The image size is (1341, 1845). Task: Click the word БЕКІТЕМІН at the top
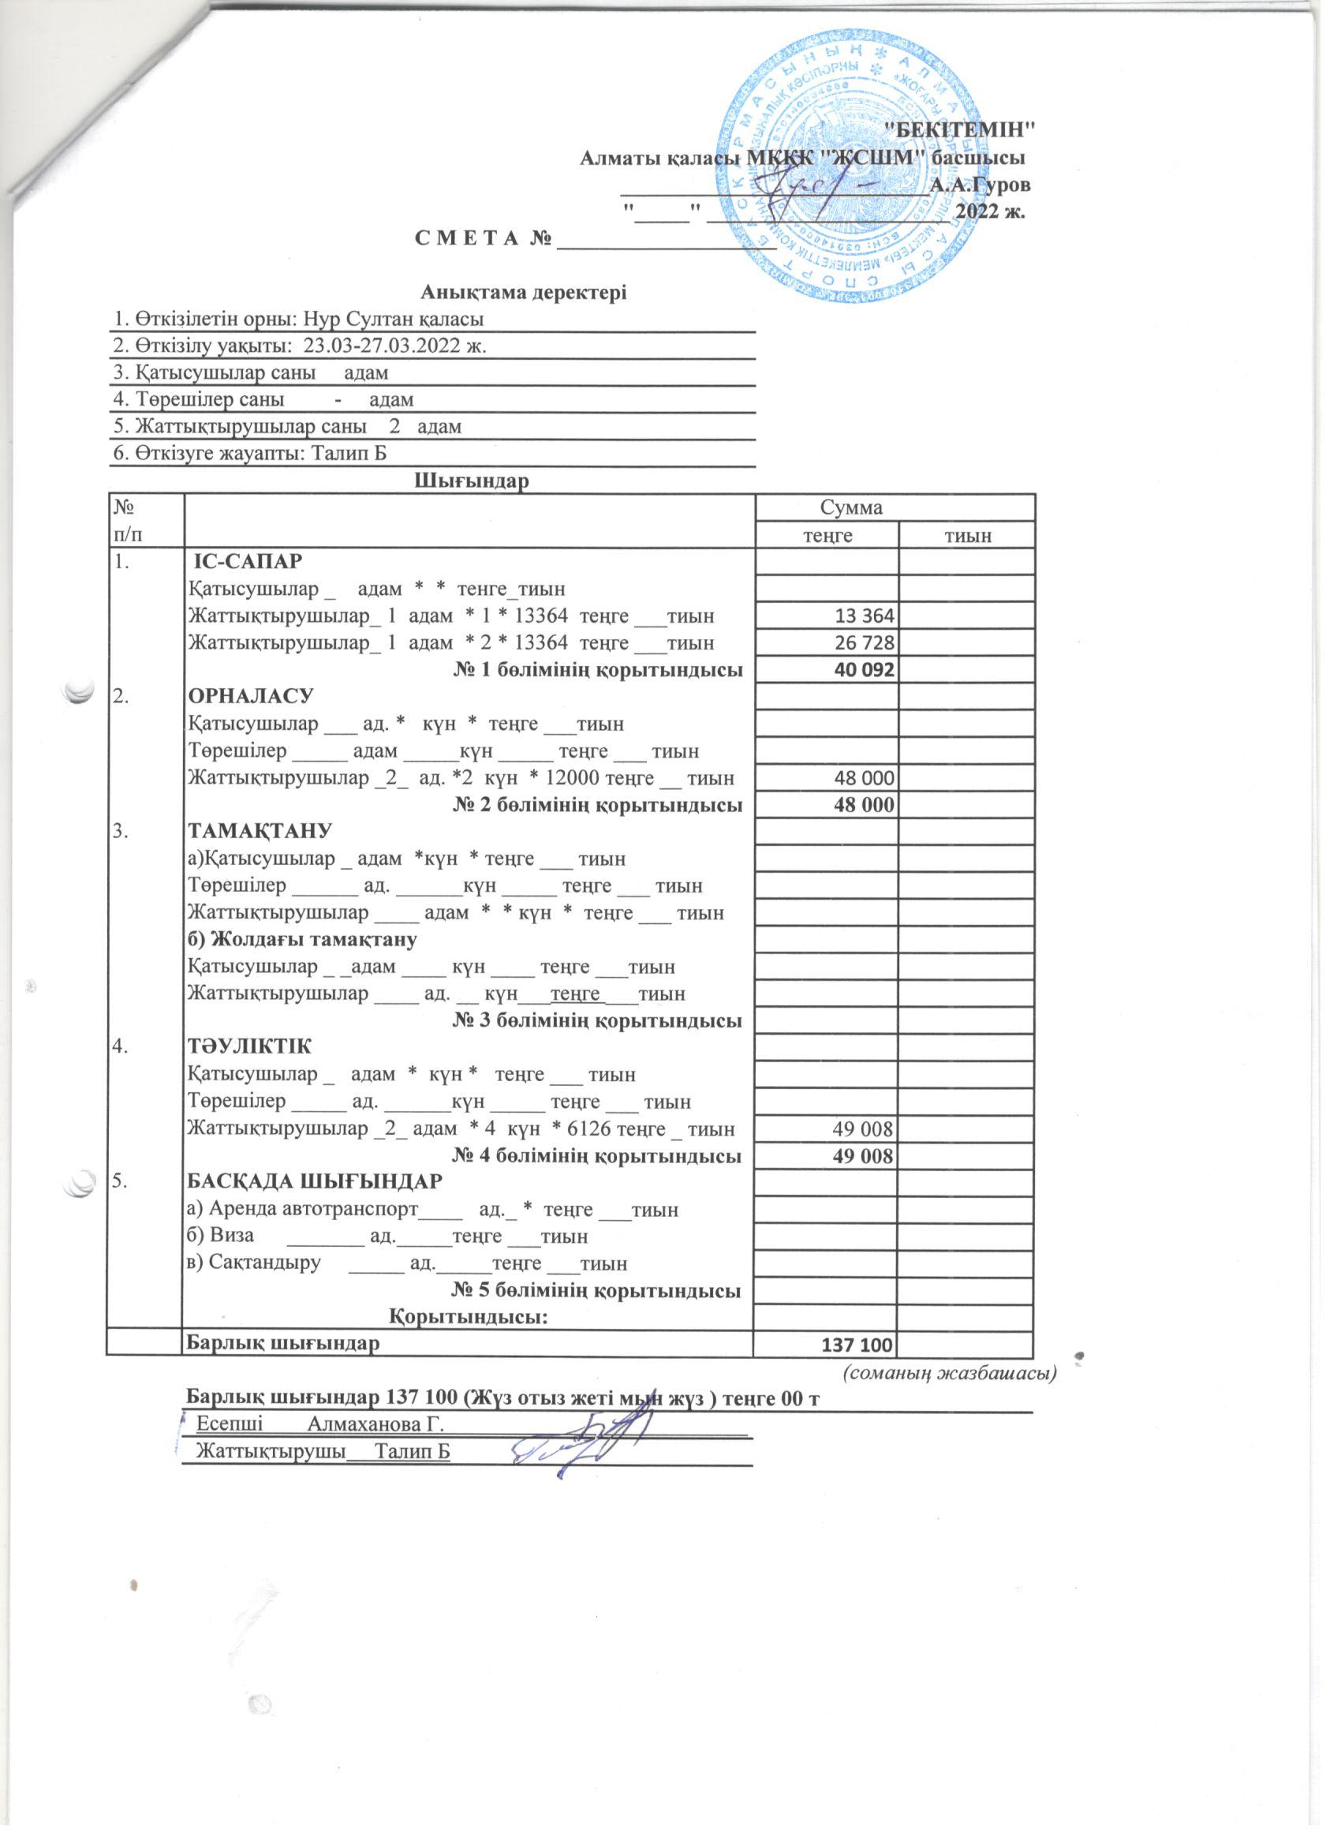tap(958, 129)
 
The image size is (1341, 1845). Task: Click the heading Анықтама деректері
tap(524, 291)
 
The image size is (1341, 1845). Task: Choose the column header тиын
tap(966, 535)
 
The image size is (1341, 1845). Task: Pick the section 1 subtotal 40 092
tap(861, 670)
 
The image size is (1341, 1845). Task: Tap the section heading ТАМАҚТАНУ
tap(260, 832)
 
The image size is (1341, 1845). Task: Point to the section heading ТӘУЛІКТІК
tap(249, 1046)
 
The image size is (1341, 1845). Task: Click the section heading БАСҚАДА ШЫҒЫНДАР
tap(315, 1181)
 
